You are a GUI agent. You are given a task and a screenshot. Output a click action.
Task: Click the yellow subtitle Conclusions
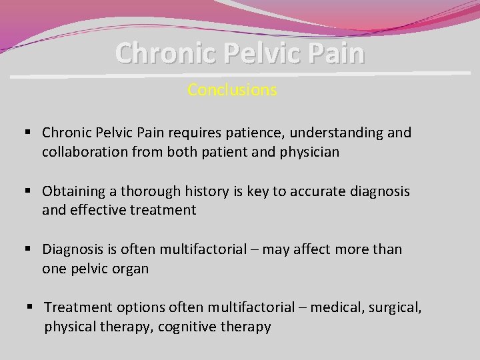point(232,89)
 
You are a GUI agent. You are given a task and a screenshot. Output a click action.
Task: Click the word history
point(209,191)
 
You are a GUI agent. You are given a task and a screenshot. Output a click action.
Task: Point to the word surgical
point(397,307)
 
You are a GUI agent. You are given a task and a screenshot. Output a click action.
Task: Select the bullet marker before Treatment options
point(31,307)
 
